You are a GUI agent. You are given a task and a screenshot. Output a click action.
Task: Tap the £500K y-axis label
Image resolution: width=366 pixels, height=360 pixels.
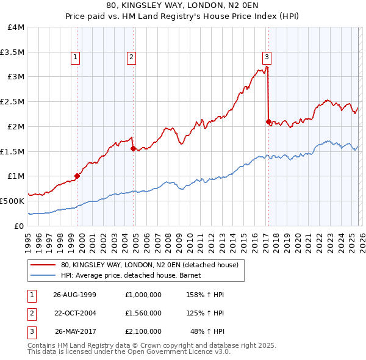12,201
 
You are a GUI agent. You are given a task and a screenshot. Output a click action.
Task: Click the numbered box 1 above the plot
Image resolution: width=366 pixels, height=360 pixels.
75,57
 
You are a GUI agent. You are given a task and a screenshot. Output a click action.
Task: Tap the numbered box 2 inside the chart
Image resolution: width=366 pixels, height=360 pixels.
131,57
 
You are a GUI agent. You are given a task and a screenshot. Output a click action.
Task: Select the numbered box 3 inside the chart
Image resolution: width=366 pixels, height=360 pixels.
267,57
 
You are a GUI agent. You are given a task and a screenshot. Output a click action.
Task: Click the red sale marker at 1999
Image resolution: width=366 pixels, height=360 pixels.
77,176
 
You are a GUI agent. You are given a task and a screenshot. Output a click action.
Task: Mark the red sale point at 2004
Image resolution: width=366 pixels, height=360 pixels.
133,148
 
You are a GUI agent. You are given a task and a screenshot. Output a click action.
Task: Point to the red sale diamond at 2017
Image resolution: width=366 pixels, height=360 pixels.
268,122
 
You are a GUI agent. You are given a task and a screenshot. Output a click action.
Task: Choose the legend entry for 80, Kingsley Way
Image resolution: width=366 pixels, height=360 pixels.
152,264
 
